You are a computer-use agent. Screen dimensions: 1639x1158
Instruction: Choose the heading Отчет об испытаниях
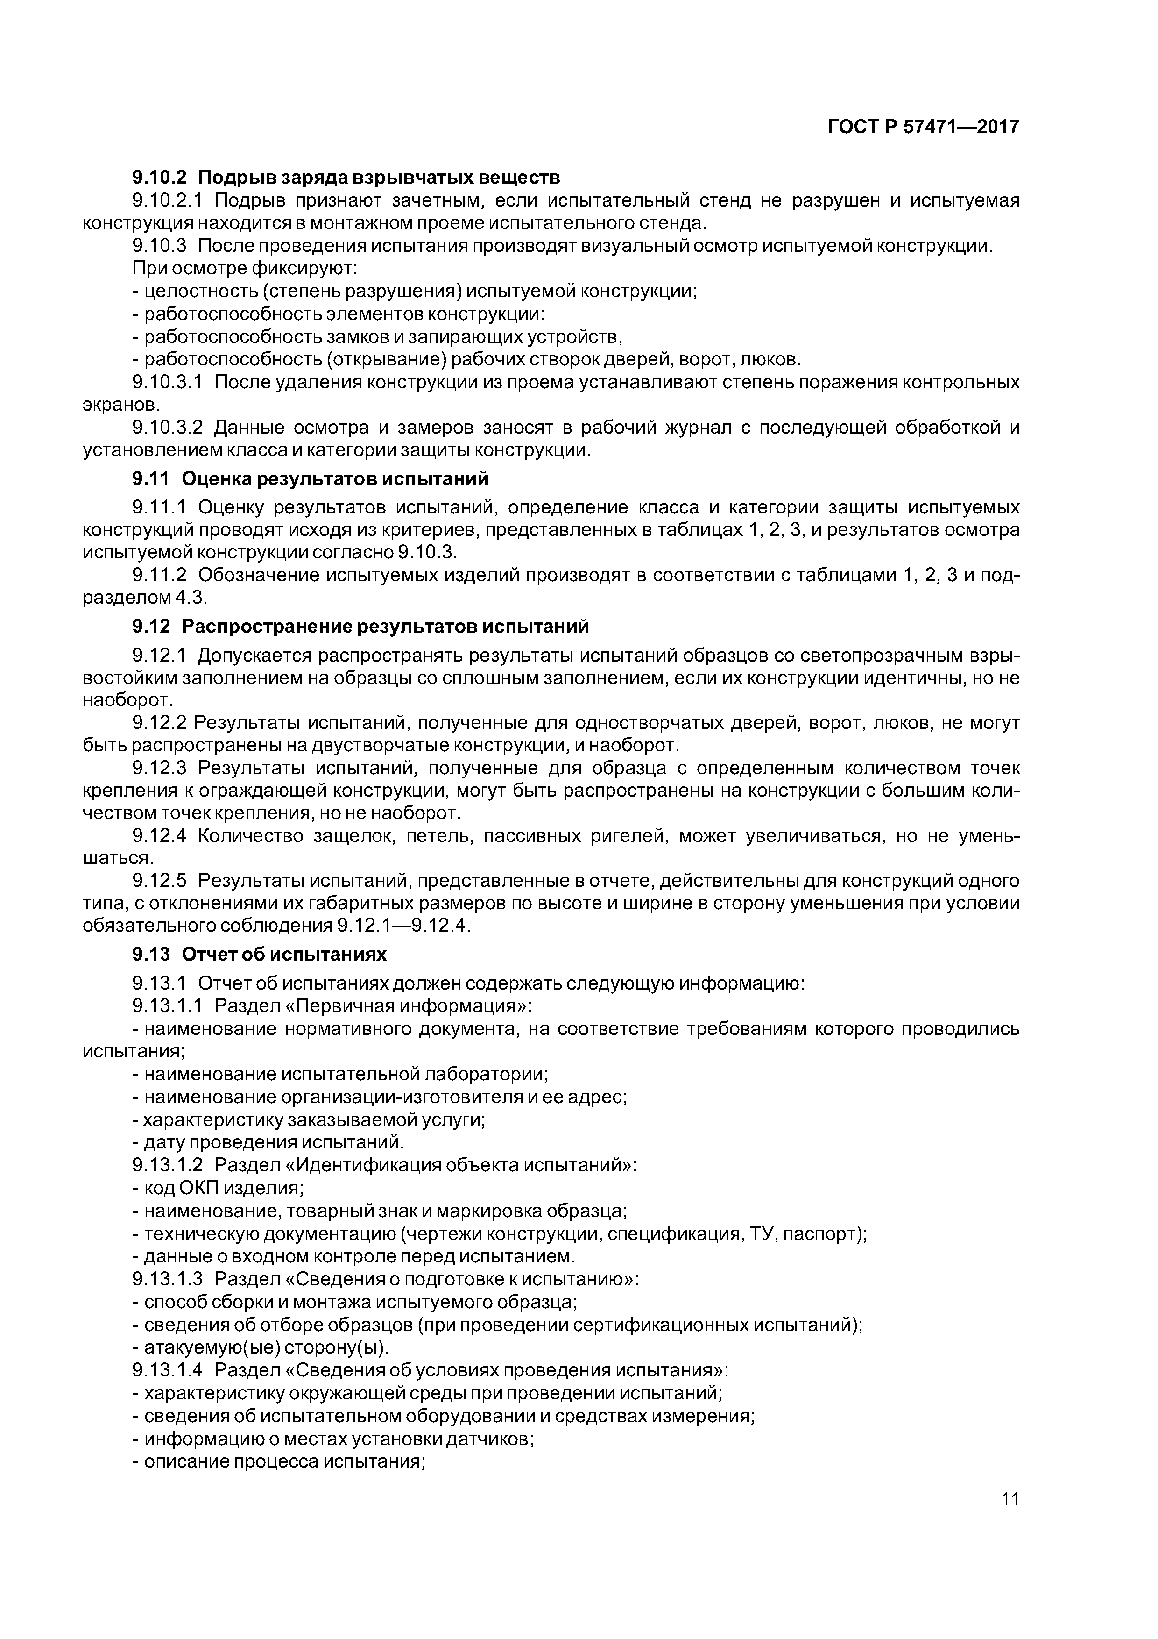(284, 955)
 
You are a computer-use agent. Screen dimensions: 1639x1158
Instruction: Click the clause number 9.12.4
(158, 836)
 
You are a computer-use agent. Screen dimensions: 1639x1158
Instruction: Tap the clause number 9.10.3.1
(168, 383)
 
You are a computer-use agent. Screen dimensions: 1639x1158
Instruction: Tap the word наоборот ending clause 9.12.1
(128, 700)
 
